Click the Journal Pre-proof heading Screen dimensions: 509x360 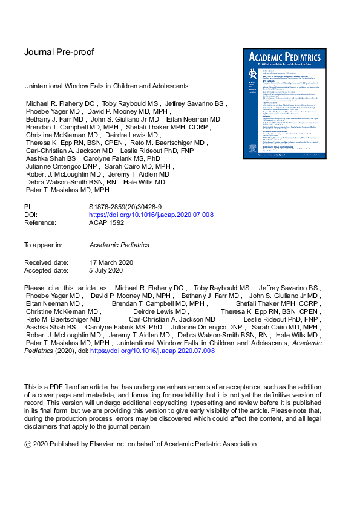(59, 52)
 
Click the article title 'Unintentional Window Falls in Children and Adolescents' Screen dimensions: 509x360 (106, 86)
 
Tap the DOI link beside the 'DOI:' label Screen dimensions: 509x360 (151, 215)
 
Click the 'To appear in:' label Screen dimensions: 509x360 (42, 245)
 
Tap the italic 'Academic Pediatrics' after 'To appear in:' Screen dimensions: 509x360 (119, 245)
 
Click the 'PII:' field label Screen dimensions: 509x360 (30, 207)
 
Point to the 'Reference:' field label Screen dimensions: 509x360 (40, 223)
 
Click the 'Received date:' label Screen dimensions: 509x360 (45, 262)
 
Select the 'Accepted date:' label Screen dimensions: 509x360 (46, 270)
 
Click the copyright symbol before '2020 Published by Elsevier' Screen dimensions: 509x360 (27, 444)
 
